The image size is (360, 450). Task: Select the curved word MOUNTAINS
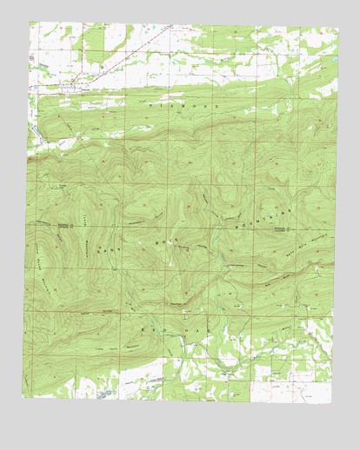[x=270, y=211]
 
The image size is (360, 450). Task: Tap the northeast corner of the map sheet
[x=334, y=23]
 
